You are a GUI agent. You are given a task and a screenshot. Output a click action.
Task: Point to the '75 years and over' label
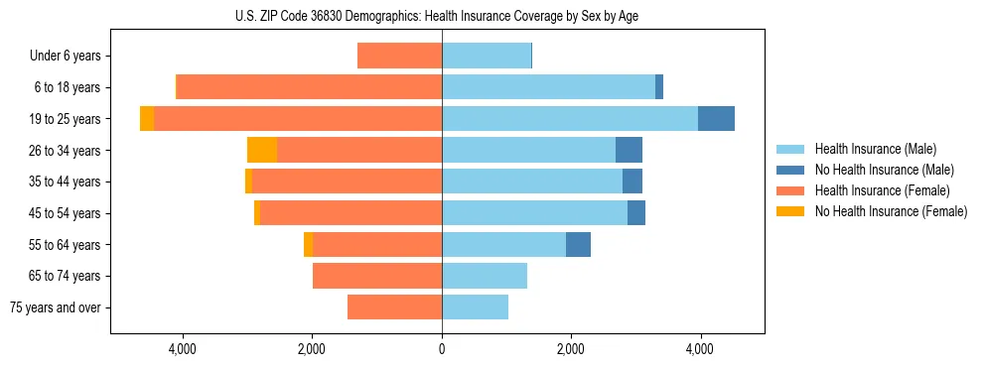point(55,307)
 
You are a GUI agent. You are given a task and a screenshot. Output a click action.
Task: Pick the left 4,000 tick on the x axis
point(183,349)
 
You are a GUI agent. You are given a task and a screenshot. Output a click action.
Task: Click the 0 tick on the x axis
point(442,349)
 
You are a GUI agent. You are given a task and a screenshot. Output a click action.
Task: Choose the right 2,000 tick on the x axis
point(571,349)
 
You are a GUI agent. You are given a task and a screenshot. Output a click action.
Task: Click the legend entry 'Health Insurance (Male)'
point(875,149)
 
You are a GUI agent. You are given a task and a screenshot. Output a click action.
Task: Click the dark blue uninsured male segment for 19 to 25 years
point(716,119)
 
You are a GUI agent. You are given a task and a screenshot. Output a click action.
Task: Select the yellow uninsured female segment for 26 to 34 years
point(262,150)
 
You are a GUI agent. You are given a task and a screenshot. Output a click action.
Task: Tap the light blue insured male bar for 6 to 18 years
point(548,87)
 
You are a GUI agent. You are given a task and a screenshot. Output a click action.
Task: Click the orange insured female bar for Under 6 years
point(399,57)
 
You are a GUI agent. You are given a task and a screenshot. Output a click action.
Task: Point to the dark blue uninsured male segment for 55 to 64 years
point(578,244)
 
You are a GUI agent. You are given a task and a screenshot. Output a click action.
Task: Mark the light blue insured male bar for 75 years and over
point(475,307)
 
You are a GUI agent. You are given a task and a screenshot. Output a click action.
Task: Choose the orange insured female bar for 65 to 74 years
point(377,276)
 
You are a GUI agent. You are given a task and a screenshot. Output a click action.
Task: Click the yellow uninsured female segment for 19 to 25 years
point(147,119)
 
